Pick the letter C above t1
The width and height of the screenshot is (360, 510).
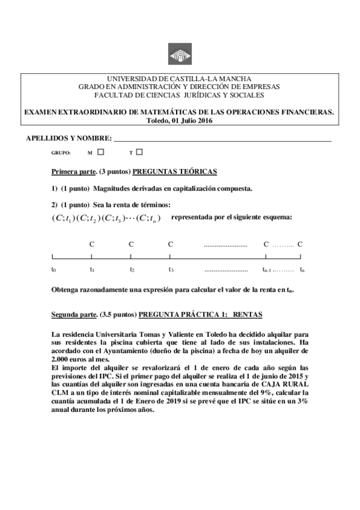click(x=92, y=244)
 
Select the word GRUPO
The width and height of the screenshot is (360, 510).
click(x=61, y=153)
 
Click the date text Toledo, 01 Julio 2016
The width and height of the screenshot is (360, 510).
click(x=180, y=120)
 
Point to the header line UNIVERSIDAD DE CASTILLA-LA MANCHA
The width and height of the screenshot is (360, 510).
click(x=180, y=79)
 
